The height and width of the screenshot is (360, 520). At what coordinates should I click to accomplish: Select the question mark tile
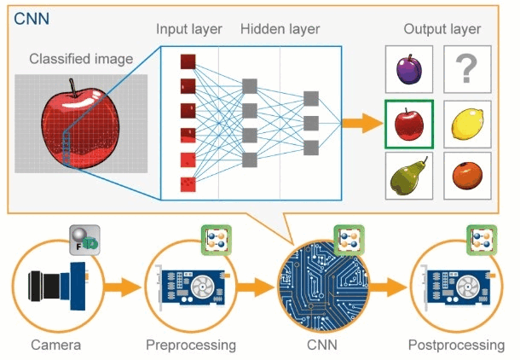click(x=465, y=70)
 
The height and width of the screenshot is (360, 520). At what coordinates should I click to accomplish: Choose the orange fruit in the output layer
click(x=465, y=174)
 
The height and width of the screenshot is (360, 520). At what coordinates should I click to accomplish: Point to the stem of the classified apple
click(x=74, y=86)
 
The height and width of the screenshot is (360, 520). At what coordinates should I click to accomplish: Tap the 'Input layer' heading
click(x=189, y=29)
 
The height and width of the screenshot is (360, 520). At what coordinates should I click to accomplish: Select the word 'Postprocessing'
click(x=456, y=345)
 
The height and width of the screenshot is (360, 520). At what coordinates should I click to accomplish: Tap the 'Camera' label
click(x=55, y=345)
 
